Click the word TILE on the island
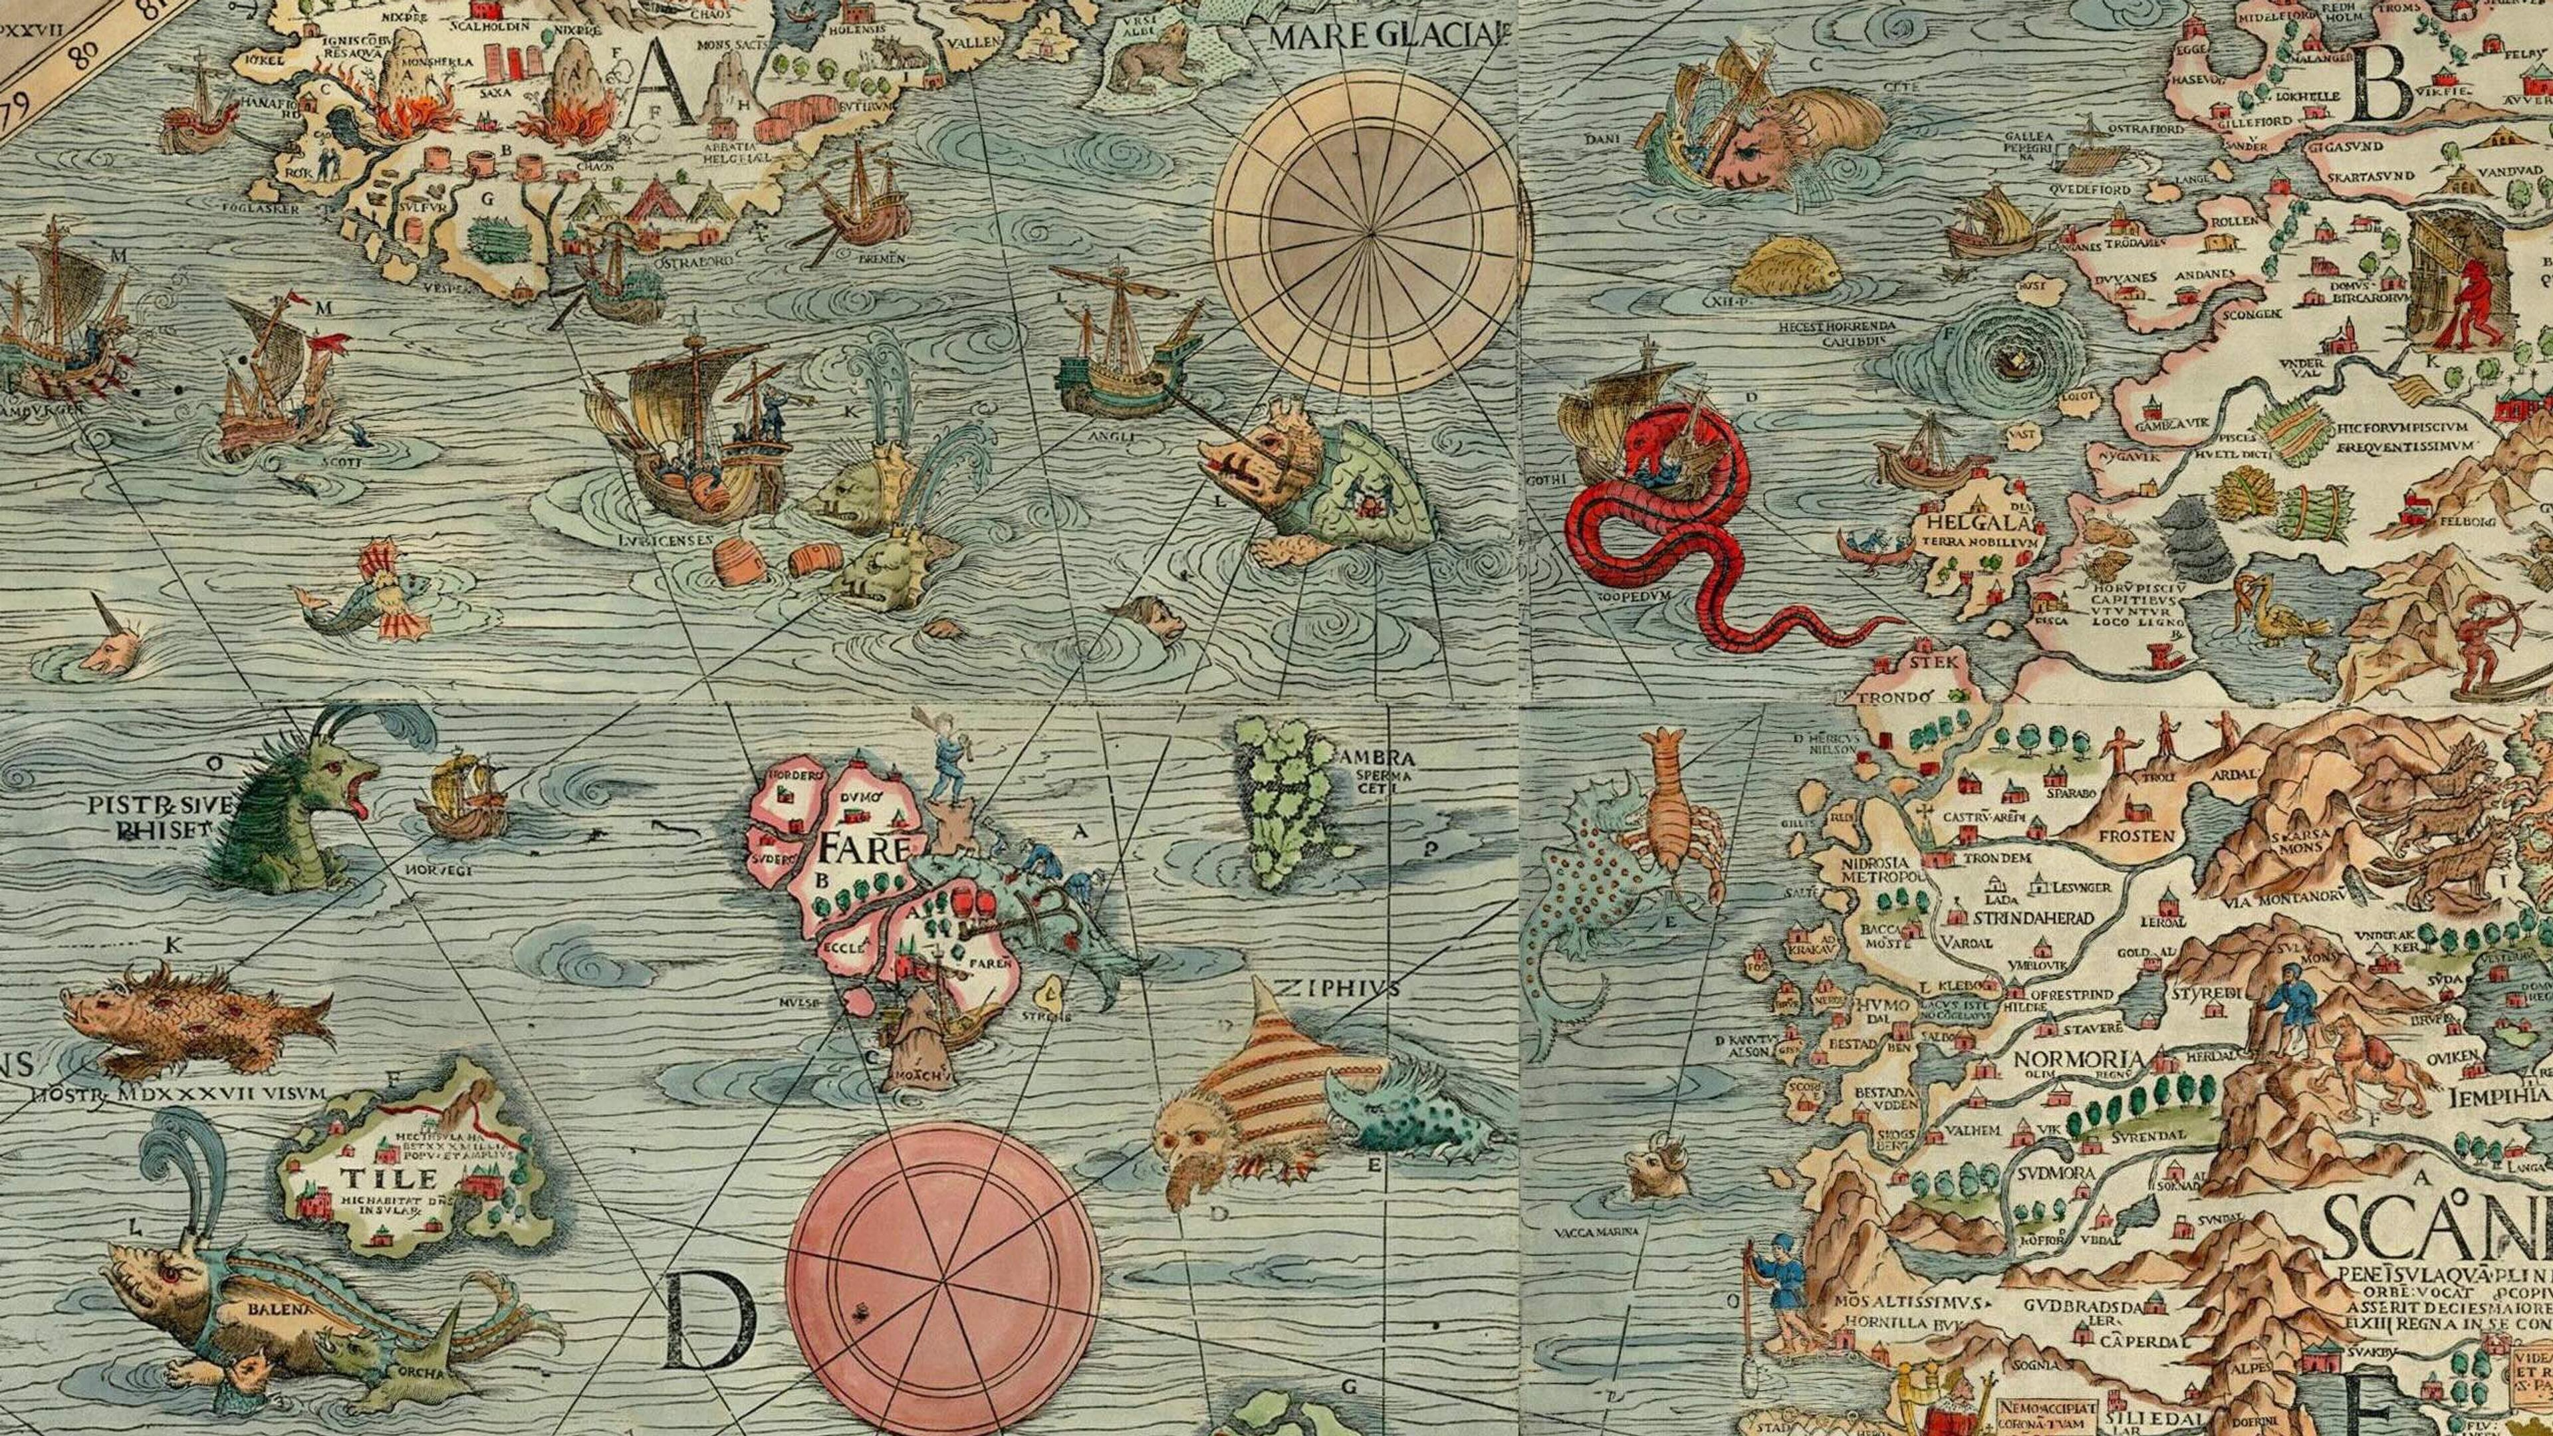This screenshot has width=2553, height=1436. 374,1178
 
